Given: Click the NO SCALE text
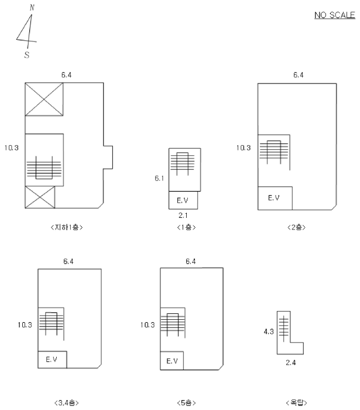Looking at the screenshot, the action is pyautogui.click(x=335, y=15).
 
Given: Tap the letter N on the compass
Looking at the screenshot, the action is pyautogui.click(x=32, y=8).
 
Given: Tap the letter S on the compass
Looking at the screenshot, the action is pyautogui.click(x=27, y=55).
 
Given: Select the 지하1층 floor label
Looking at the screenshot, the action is pyautogui.click(x=67, y=227).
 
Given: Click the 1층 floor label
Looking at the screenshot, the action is pyautogui.click(x=186, y=227).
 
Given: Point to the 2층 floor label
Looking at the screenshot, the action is pyautogui.click(x=297, y=227).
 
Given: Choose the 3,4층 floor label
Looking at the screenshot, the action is pyautogui.click(x=67, y=403).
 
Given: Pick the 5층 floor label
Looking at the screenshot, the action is pyautogui.click(x=186, y=403).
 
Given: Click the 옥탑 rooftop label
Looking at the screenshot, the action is pyautogui.click(x=297, y=403).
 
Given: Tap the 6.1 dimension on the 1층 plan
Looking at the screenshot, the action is pyautogui.click(x=159, y=178).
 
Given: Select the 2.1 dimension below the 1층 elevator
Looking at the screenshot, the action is pyautogui.click(x=183, y=216).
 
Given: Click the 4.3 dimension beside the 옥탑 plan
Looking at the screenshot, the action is pyautogui.click(x=269, y=332).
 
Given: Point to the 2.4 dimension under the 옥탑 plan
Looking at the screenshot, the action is pyautogui.click(x=290, y=363).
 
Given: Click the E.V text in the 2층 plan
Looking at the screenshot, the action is pyautogui.click(x=274, y=198).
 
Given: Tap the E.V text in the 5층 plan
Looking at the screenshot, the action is pyautogui.click(x=172, y=361).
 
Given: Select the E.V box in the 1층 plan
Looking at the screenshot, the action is pyautogui.click(x=183, y=200).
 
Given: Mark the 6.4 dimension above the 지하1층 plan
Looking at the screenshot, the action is pyautogui.click(x=66, y=75).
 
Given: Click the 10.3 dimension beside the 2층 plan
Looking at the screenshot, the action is pyautogui.click(x=244, y=148).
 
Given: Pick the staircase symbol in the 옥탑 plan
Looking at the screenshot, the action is pyautogui.click(x=284, y=329).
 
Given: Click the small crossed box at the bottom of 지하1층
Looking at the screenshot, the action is pyautogui.click(x=40, y=197).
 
